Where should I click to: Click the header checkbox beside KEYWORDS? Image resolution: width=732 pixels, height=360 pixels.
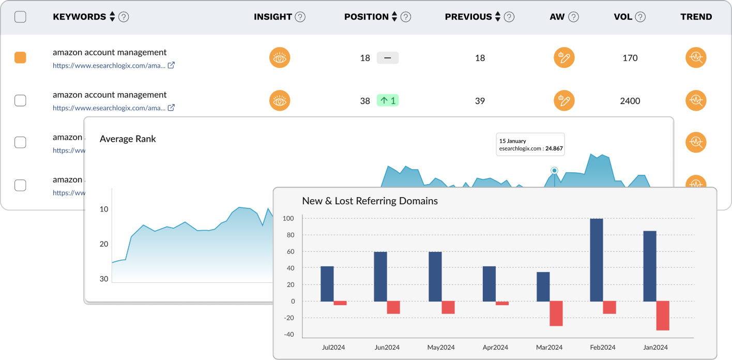(20, 17)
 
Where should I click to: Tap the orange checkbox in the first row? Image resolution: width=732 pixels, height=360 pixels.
(20, 57)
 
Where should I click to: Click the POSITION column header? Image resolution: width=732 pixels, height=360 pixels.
(366, 17)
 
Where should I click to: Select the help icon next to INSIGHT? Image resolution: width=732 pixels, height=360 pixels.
(300, 17)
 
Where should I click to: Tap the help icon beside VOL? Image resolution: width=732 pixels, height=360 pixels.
(640, 17)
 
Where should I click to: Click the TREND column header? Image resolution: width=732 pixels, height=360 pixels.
(696, 17)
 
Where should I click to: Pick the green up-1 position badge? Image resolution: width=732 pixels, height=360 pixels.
(388, 100)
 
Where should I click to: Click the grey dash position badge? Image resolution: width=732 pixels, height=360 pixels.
(388, 57)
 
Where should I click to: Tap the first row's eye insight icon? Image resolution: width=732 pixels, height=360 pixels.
(280, 57)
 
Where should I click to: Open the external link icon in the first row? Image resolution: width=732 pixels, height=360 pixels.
(171, 65)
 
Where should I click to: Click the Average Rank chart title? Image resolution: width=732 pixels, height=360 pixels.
(128, 139)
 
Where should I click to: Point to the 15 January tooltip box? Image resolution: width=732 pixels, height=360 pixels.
(530, 144)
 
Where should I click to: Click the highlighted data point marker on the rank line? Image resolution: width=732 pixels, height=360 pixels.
(555, 170)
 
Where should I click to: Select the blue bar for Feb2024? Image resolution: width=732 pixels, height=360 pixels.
(596, 260)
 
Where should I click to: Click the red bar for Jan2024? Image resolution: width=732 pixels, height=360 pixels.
(663, 316)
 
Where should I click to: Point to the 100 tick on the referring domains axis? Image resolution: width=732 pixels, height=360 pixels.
(288, 219)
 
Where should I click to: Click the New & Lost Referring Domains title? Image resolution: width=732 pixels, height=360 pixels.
(370, 201)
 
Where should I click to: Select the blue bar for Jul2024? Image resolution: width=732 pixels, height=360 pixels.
(327, 283)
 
